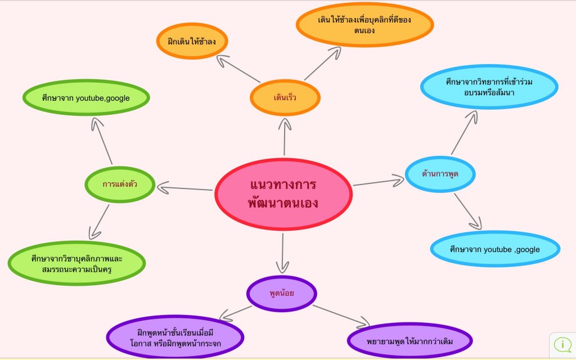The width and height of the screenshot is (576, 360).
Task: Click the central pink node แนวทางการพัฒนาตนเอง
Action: [283, 194]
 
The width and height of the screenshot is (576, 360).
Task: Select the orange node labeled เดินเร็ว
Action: [285, 98]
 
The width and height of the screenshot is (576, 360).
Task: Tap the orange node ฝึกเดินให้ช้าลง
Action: [192, 41]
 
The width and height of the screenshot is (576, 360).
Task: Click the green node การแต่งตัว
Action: [120, 184]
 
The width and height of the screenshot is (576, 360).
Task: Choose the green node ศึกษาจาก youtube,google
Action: [86, 98]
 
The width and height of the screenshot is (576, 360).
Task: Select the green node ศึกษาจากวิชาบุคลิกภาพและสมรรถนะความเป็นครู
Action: [77, 263]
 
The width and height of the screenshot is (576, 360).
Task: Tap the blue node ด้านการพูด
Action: [440, 174]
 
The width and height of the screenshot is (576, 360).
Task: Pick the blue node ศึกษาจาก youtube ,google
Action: [495, 249]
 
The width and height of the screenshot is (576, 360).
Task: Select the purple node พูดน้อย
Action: [282, 292]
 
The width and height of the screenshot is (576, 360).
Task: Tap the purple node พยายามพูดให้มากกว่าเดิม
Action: [409, 341]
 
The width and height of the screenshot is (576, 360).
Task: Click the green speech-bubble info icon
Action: [562, 344]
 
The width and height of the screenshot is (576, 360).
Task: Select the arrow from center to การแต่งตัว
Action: [186, 188]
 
